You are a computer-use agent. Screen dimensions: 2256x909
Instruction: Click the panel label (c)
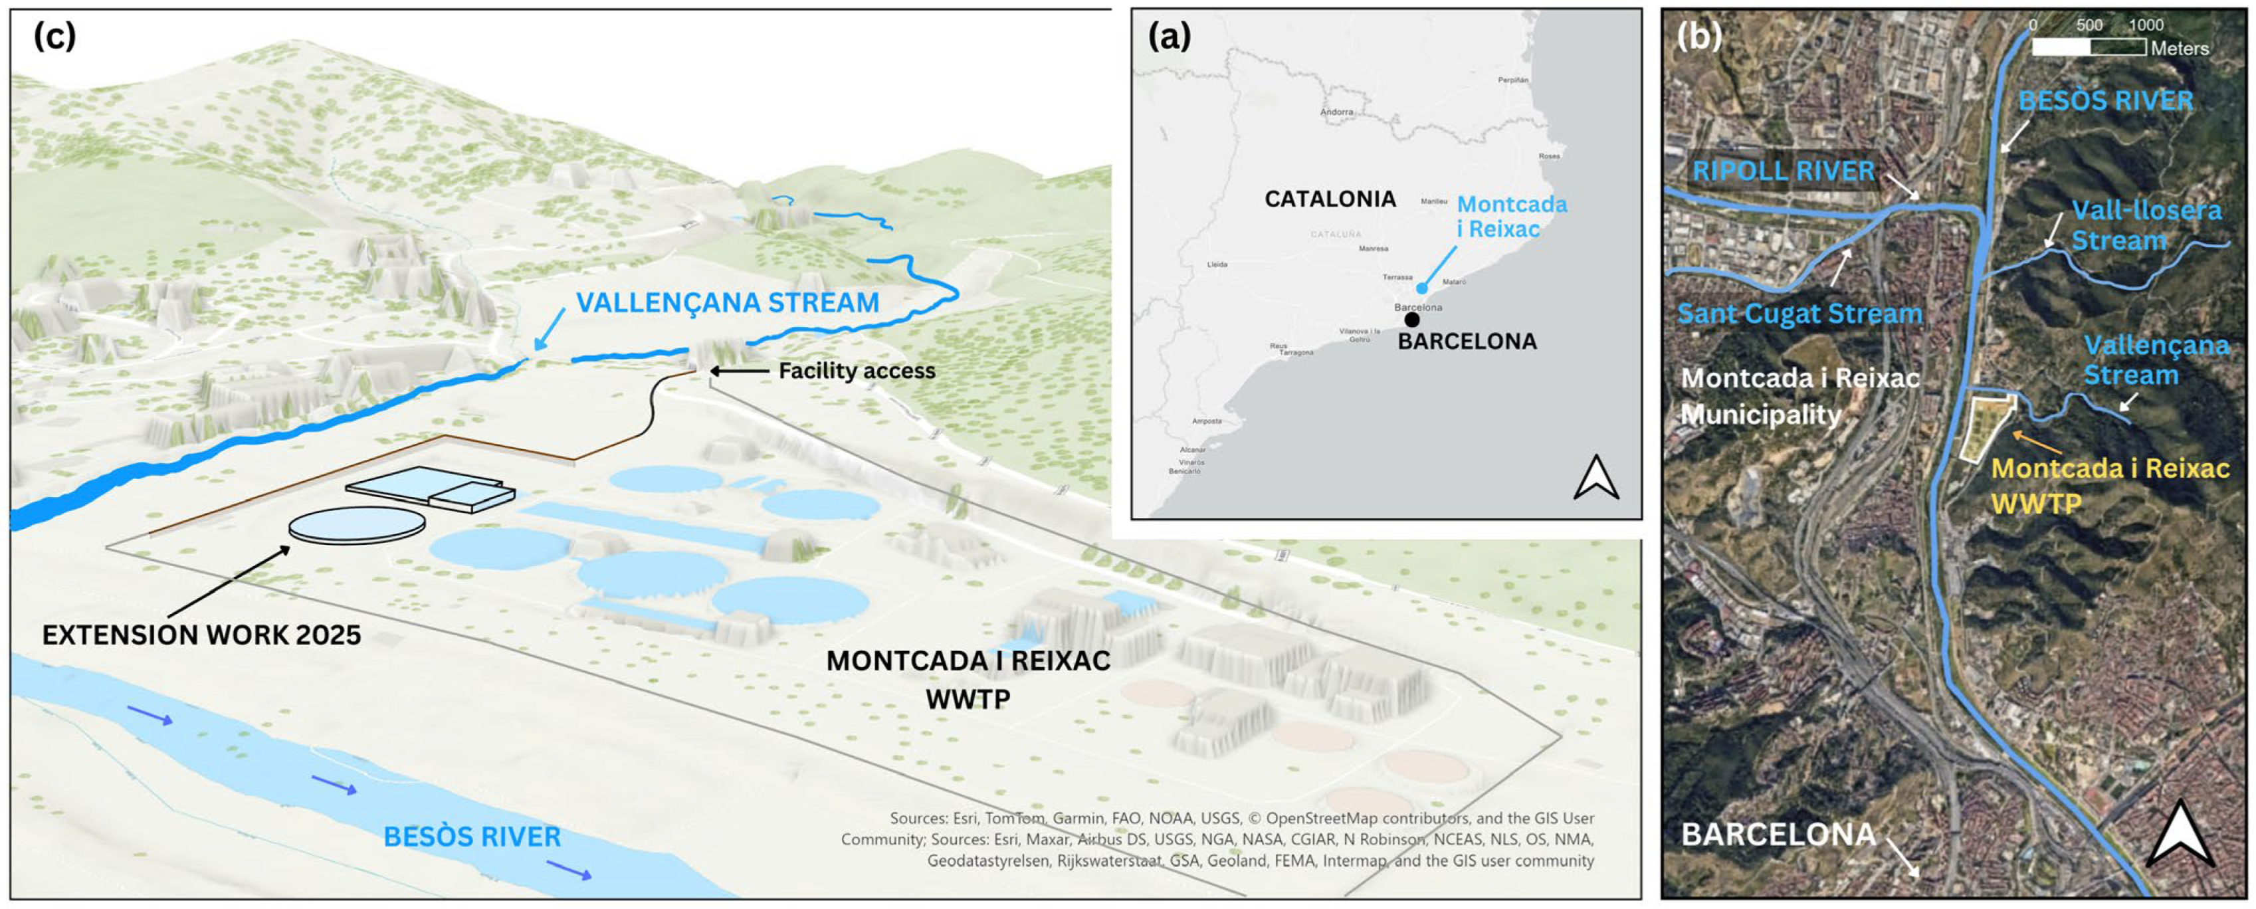tap(54, 37)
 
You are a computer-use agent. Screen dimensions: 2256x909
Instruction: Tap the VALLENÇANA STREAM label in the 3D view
tap(727, 303)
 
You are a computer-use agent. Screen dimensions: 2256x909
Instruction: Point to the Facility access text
tap(857, 371)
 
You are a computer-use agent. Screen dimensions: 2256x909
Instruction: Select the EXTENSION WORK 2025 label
tap(201, 635)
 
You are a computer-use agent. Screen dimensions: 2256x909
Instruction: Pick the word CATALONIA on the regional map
tap(1330, 199)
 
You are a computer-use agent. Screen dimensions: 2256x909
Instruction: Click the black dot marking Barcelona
tap(1412, 320)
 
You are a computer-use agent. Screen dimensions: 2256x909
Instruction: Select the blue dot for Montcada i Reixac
tap(1421, 288)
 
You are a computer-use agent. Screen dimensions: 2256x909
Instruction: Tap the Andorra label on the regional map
tap(1336, 112)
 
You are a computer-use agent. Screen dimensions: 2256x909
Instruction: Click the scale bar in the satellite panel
tap(2089, 47)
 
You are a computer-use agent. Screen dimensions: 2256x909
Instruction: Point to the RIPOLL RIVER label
tap(1783, 171)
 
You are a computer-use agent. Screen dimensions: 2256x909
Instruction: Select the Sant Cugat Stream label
tap(1799, 314)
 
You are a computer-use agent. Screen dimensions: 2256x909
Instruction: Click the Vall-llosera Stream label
tap(2146, 225)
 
